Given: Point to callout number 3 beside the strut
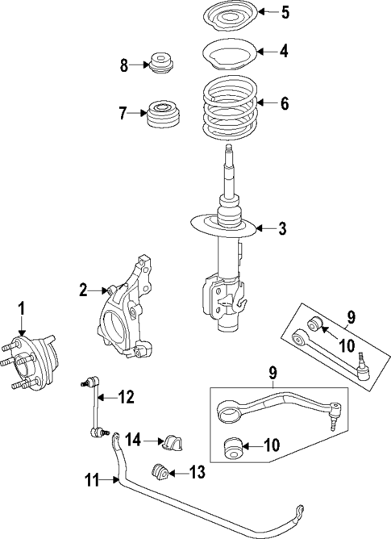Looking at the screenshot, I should [282, 230].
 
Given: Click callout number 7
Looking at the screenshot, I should [123, 113].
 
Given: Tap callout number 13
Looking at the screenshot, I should [198, 472].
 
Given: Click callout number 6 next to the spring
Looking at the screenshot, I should [283, 103].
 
